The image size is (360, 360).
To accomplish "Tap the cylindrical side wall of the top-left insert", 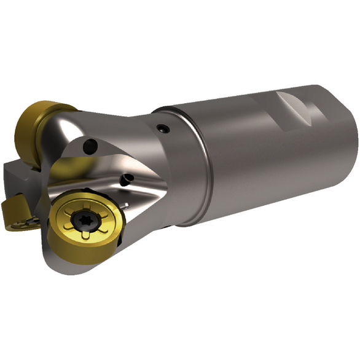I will coord(28,132).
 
